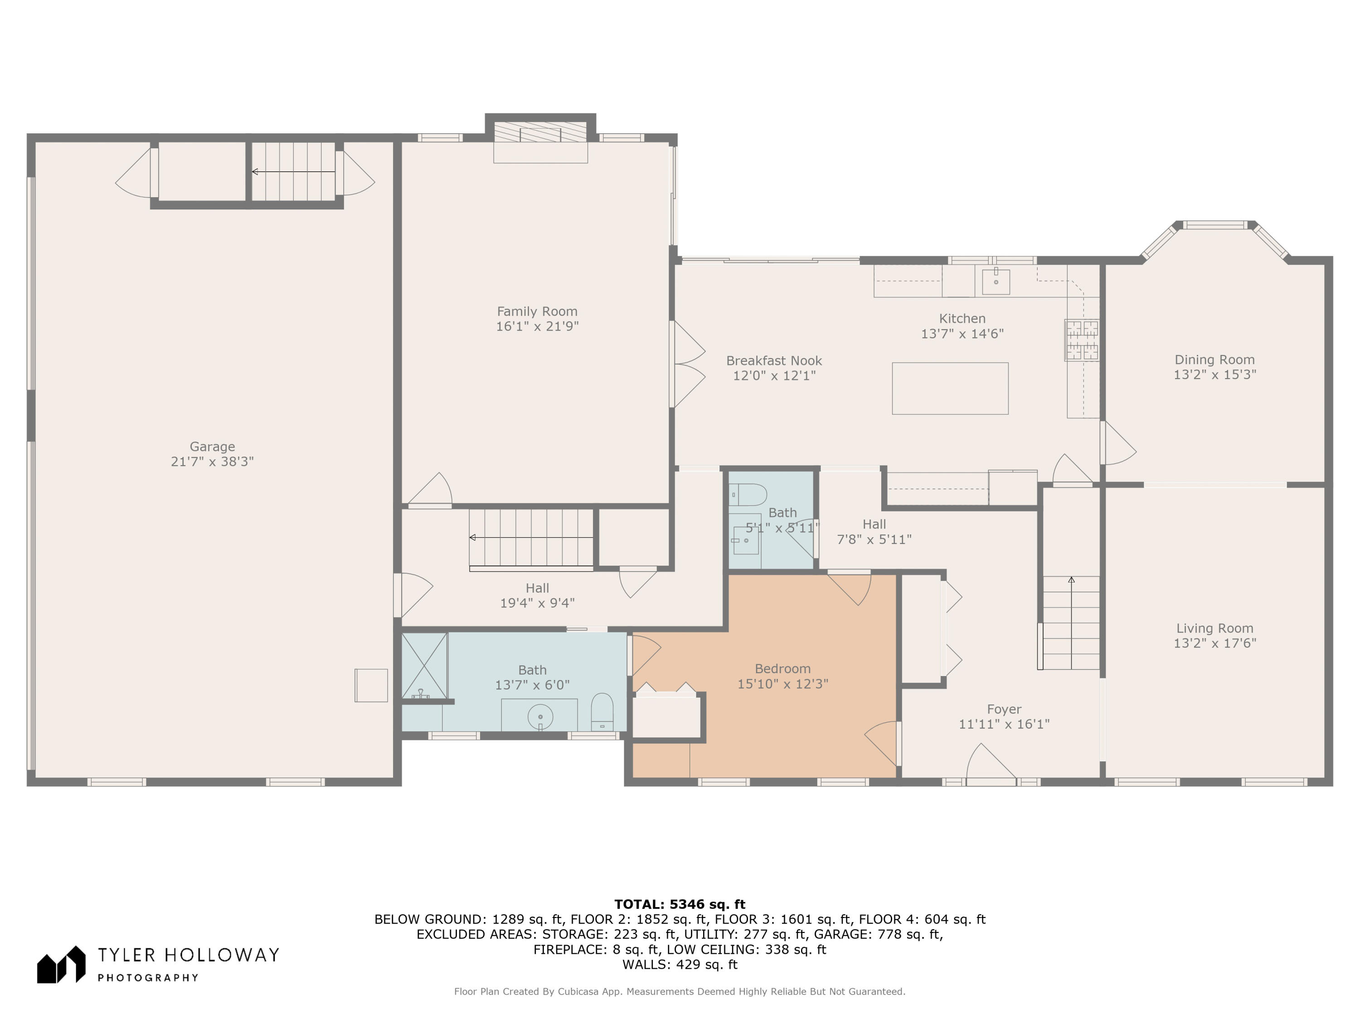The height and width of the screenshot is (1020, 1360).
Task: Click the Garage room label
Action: coord(212,447)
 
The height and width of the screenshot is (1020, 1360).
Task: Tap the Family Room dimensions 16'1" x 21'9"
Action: coord(537,326)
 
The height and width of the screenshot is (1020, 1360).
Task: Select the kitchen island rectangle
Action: coord(950,388)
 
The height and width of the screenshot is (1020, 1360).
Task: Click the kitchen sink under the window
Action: coord(996,281)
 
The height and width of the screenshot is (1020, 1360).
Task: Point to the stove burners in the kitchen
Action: coord(1082,340)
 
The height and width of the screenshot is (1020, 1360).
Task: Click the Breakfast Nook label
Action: coord(774,361)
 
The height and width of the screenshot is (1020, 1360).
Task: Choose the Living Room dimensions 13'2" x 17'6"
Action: coord(1215,643)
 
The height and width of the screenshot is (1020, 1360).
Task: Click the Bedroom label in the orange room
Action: coord(782,669)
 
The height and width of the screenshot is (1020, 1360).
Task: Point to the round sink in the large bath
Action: coord(540,716)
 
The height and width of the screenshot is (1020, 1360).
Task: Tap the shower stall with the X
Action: coord(424,666)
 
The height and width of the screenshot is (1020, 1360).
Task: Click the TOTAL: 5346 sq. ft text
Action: coord(680,904)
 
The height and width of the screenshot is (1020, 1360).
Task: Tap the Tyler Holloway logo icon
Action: coord(61,965)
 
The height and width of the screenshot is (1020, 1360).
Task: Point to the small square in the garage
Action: coord(371,685)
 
